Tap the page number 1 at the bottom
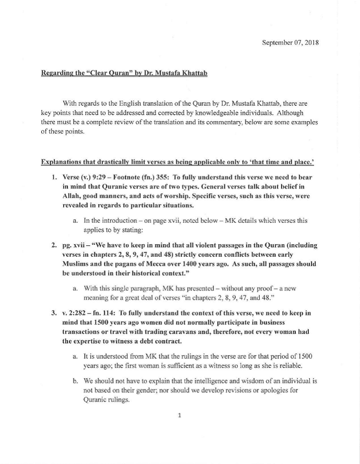click(x=179, y=415)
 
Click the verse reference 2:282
click(x=78, y=313)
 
